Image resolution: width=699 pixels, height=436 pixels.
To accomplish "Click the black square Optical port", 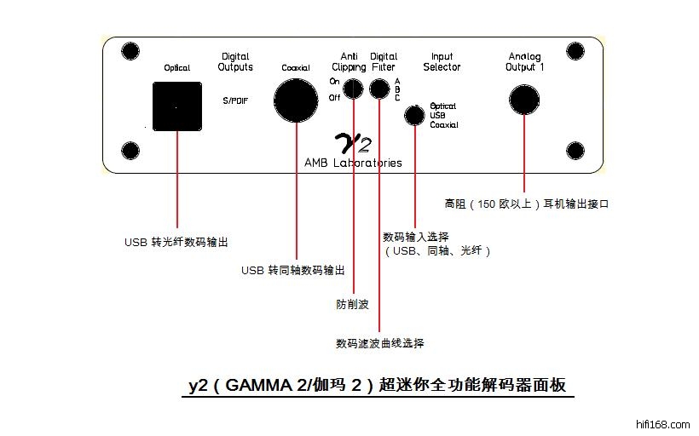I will (176, 106).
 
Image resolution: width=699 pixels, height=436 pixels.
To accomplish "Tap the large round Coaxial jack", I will (298, 101).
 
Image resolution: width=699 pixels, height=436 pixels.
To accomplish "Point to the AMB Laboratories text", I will (353, 163).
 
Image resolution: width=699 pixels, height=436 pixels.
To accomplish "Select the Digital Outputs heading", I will (235, 62).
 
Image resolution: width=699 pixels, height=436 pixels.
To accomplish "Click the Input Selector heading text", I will (442, 62).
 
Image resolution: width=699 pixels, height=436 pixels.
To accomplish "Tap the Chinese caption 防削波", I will (352, 303).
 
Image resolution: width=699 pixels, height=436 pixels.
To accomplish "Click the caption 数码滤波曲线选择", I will (379, 343).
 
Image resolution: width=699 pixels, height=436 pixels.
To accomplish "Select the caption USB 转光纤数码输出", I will (176, 242).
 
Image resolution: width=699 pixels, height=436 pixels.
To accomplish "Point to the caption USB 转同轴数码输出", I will (293, 270).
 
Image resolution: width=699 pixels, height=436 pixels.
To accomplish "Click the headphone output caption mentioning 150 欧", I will (528, 204).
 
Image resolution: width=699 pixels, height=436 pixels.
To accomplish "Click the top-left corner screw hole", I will (130, 52).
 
